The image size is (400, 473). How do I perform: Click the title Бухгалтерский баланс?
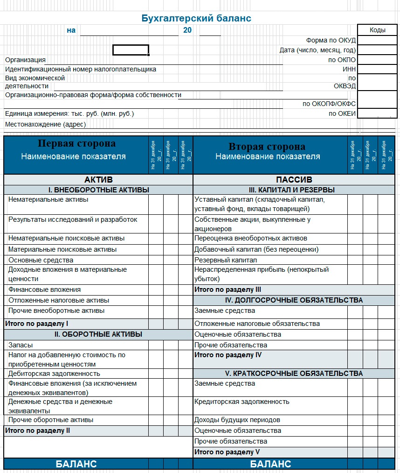click(x=196, y=18)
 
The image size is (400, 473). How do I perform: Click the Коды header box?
click(x=377, y=30)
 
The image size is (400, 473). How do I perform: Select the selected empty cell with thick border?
click(x=131, y=50)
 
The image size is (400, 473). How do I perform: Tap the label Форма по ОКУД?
click(x=331, y=40)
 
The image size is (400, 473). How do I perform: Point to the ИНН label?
click(x=349, y=69)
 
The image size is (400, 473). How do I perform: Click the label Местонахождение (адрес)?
click(x=45, y=124)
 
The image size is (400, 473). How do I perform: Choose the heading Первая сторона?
click(x=76, y=144)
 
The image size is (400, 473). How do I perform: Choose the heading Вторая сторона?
click(x=267, y=147)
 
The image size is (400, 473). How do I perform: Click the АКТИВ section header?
click(x=98, y=180)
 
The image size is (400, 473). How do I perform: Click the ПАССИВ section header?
click(x=294, y=180)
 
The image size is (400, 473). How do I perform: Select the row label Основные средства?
click(x=41, y=260)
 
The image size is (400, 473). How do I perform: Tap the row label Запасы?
click(x=21, y=345)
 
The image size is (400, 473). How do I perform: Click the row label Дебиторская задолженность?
click(x=54, y=374)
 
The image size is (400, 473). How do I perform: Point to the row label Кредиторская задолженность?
click(x=241, y=402)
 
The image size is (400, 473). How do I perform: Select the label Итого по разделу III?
click(x=228, y=289)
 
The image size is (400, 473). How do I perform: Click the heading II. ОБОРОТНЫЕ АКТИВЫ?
click(x=98, y=334)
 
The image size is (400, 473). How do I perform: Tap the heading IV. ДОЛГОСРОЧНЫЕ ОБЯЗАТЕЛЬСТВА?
click(x=294, y=300)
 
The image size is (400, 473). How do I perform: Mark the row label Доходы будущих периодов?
click(x=237, y=420)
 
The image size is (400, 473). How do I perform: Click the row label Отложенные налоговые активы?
click(x=59, y=300)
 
